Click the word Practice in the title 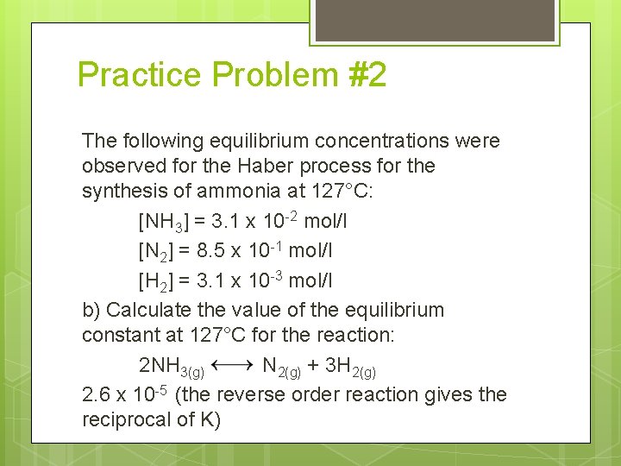point(139,75)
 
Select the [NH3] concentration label point(162,222)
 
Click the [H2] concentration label point(160,281)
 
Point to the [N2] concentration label point(160,251)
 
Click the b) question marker point(91,310)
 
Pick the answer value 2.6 point(96,395)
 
